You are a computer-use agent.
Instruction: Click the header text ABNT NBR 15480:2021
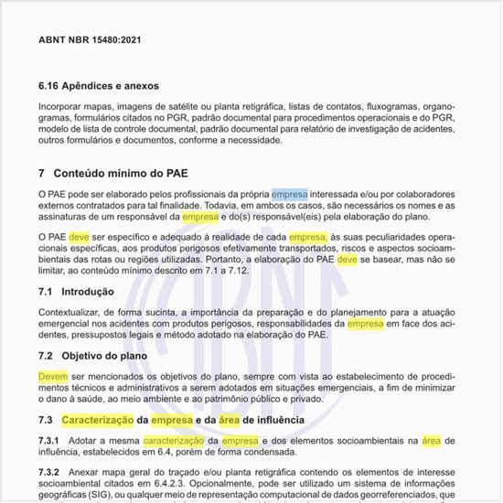tap(90, 40)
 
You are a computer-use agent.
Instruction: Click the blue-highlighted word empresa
tap(290, 195)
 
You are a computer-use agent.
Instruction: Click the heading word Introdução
tap(87, 292)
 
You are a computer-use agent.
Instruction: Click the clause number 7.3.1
tap(51, 441)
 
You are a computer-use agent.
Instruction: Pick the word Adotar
tap(91, 441)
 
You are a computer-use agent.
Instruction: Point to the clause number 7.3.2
tap(51, 472)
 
